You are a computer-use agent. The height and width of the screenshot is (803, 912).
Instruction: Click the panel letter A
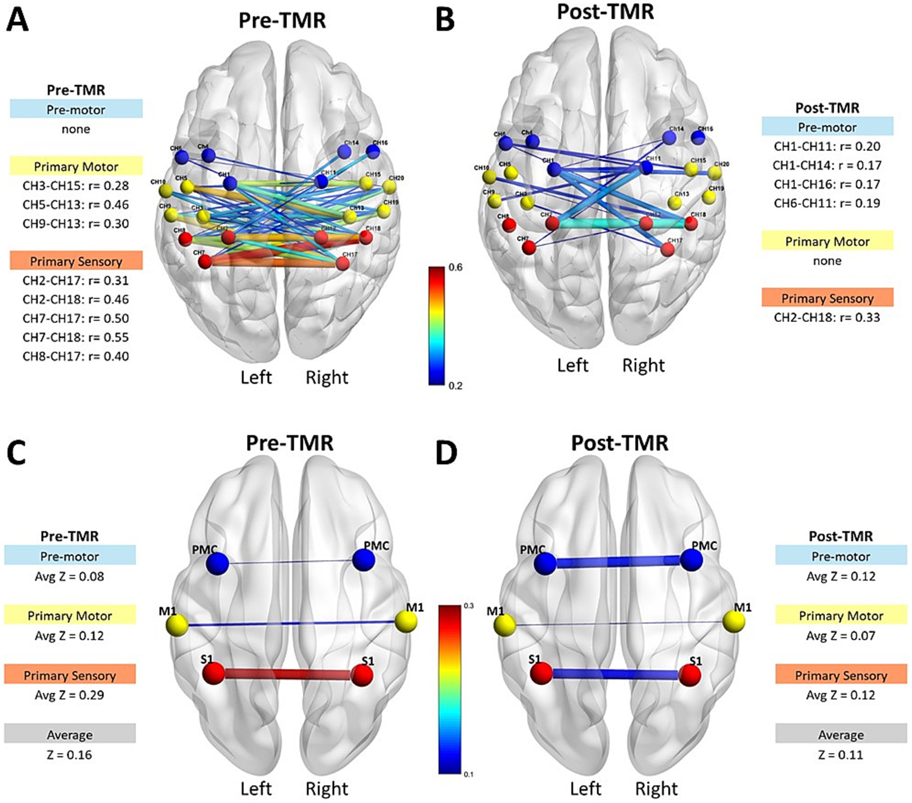[17, 20]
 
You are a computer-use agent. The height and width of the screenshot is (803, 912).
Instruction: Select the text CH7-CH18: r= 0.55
[76, 337]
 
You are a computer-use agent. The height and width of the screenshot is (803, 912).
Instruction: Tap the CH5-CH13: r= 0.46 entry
[76, 205]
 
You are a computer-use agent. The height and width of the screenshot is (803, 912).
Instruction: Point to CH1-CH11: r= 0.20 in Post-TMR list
[827, 146]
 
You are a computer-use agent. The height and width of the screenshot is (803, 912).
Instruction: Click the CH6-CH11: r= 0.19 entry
[827, 203]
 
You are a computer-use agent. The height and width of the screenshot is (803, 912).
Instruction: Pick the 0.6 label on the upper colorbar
[455, 267]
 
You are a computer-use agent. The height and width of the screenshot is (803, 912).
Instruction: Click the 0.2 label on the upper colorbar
[455, 385]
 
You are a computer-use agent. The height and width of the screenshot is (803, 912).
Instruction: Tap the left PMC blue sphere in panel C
[218, 564]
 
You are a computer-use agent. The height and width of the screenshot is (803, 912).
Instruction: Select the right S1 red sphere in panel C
[362, 675]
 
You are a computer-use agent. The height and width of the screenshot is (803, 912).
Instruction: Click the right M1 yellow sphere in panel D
[734, 621]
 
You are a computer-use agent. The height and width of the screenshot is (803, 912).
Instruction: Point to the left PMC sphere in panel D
[545, 564]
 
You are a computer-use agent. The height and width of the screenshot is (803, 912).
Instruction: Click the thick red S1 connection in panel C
[288, 675]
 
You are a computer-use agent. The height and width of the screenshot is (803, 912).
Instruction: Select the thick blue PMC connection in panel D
[618, 562]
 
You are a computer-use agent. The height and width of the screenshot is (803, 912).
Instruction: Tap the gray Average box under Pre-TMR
[70, 734]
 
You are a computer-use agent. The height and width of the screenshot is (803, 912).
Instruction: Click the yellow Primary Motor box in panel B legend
[827, 241]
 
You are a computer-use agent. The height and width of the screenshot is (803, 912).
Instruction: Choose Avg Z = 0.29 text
[69, 695]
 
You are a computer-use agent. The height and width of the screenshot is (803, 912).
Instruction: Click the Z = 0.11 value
[840, 755]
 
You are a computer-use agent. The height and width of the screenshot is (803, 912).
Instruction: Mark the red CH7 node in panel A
[205, 261]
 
